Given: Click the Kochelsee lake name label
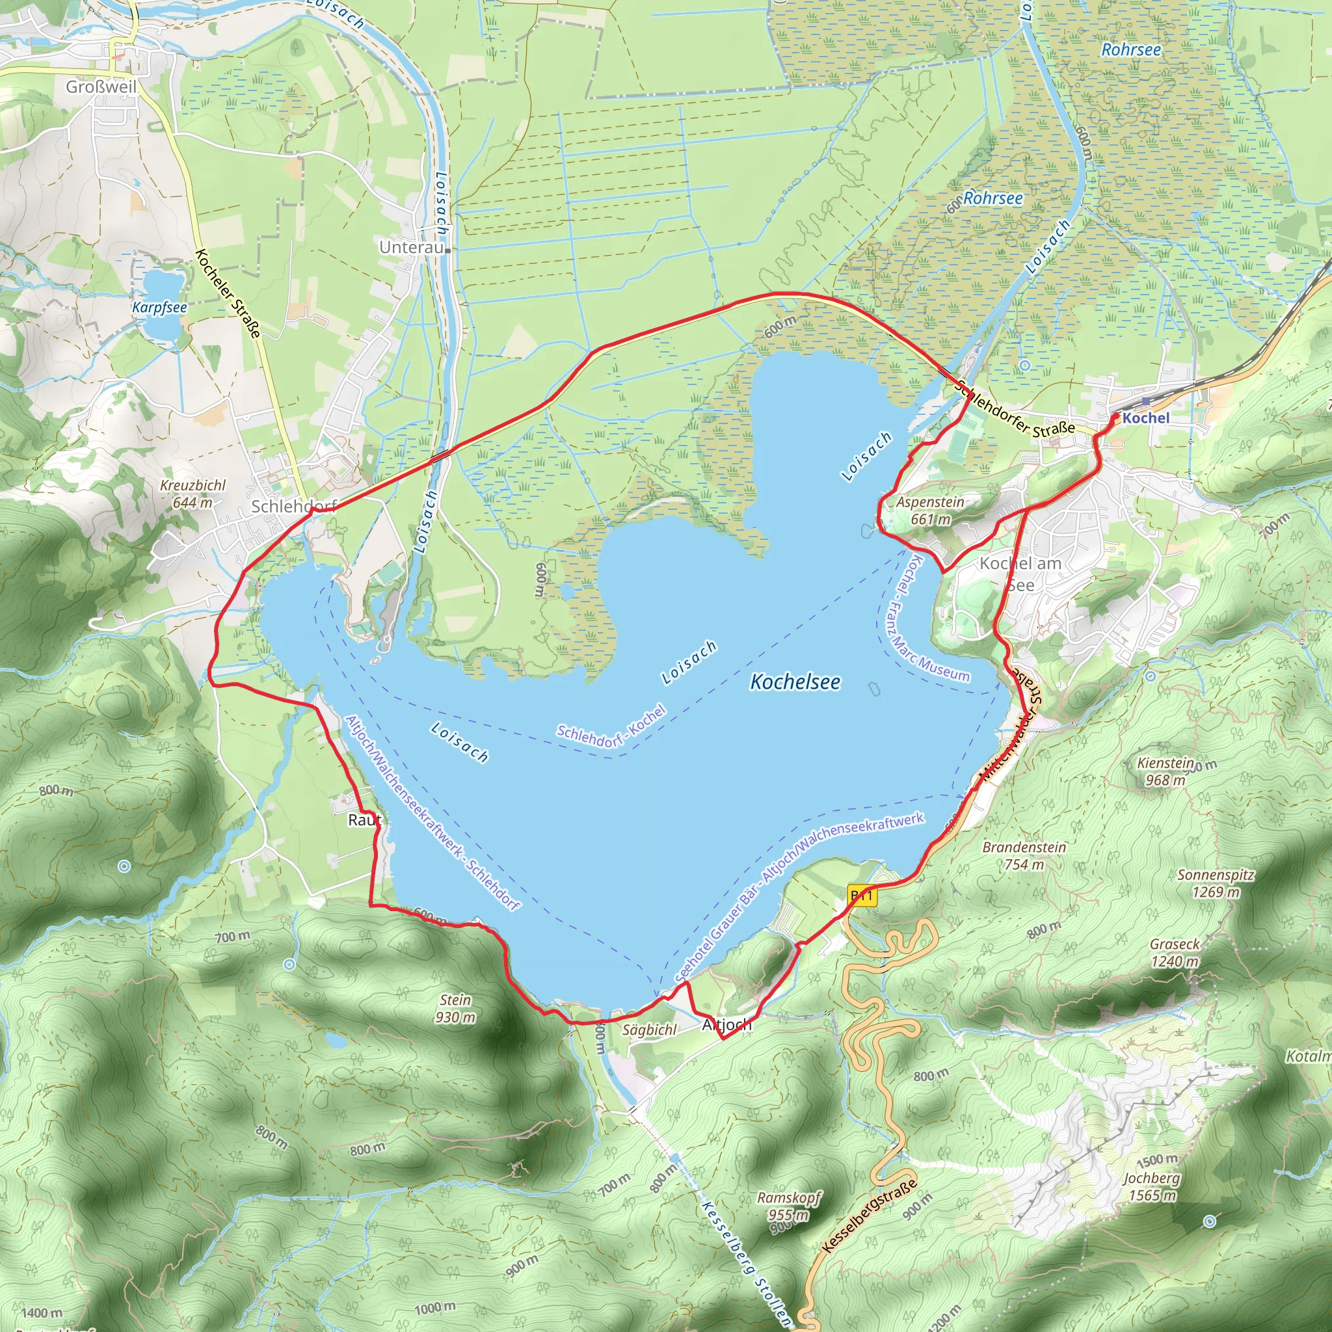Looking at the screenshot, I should tap(795, 682).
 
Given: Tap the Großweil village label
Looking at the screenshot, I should tap(101, 87).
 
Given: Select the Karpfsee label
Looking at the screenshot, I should tap(159, 307).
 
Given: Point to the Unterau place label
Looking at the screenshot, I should tap(412, 246).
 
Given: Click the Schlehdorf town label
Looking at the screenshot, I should tap(292, 506).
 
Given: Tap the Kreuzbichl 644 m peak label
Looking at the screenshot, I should tap(193, 494).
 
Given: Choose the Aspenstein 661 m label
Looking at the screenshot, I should tap(930, 510).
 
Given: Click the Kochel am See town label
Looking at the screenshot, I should tap(1020, 574).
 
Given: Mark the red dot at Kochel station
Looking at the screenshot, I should tap(1115, 416).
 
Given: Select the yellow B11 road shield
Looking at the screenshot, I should tap(862, 896).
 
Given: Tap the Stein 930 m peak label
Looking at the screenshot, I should tap(455, 1008).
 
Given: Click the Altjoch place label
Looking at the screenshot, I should tap(726, 1025).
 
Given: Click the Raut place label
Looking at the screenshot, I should tap(364, 819).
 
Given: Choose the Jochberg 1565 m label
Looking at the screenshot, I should tap(1151, 1186).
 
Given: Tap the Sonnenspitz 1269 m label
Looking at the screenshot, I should tap(1216, 883).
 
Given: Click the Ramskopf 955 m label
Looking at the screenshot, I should tap(789, 1206).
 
